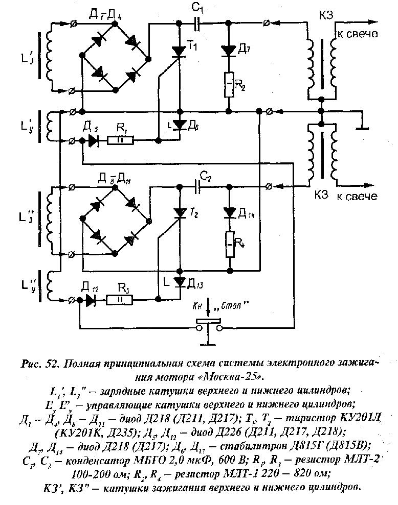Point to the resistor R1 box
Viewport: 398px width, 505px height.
coord(121,139)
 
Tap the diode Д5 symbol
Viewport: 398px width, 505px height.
coord(93,139)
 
